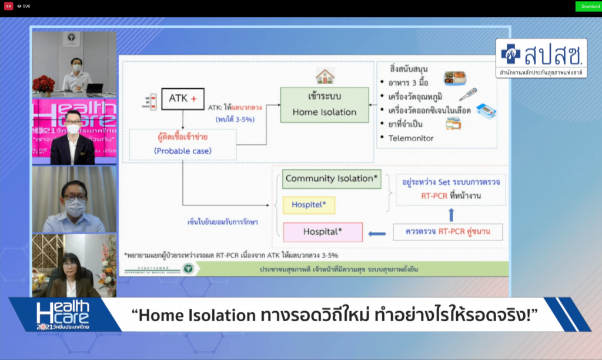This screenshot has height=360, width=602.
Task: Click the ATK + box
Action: [182, 99]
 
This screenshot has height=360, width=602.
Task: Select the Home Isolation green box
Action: [325, 105]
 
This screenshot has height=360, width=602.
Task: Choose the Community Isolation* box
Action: [332, 179]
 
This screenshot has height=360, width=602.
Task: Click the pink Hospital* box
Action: [323, 232]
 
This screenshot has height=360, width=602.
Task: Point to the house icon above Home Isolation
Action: [325, 76]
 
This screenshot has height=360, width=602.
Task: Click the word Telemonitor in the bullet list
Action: [411, 138]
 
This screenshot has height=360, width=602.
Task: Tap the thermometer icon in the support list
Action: [468, 94]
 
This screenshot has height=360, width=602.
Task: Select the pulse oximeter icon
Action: [486, 109]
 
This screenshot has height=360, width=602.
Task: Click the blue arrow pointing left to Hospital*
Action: [377, 233]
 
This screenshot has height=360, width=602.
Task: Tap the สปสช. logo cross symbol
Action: [510, 55]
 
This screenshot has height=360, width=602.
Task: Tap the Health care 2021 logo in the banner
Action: [62, 315]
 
